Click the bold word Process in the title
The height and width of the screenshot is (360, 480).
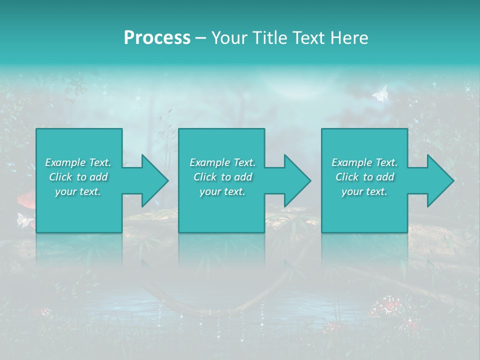click(x=157, y=37)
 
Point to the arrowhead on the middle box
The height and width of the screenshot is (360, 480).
click(x=294, y=180)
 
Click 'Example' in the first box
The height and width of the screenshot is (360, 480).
click(x=65, y=162)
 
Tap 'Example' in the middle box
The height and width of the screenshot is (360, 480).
click(x=209, y=162)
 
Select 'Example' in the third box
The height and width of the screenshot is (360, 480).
click(x=351, y=162)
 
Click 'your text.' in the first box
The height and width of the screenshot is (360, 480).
click(x=78, y=191)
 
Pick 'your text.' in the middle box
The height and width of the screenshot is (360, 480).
click(x=222, y=191)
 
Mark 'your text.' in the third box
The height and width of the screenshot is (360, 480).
click(x=364, y=191)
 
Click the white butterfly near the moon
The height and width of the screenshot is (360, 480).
click(x=380, y=93)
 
